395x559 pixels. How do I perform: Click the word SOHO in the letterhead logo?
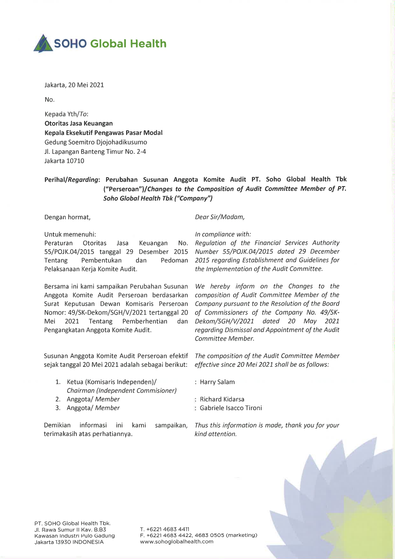(70, 44)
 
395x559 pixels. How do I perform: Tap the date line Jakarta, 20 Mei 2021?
(74, 85)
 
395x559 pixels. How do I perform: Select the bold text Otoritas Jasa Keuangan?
(78, 123)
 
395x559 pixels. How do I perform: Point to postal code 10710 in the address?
(75, 161)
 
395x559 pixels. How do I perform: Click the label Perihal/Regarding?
(72, 179)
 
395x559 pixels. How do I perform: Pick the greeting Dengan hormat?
(67, 217)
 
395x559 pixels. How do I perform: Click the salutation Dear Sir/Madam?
(219, 217)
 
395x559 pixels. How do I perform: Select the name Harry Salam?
(217, 382)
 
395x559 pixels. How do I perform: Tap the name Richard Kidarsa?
(222, 399)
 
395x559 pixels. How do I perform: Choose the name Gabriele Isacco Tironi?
(231, 408)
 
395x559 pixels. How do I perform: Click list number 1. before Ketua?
(58, 382)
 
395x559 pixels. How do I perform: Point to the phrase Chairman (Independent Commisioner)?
(122, 391)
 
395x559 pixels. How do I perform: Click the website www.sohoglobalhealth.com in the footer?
(177, 542)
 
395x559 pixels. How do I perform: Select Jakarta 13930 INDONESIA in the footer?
(69, 542)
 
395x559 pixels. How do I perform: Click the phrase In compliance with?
(223, 234)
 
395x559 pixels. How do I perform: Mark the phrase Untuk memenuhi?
(70, 235)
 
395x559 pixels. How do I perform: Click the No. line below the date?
(50, 100)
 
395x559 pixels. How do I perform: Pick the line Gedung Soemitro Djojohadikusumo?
(96, 142)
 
